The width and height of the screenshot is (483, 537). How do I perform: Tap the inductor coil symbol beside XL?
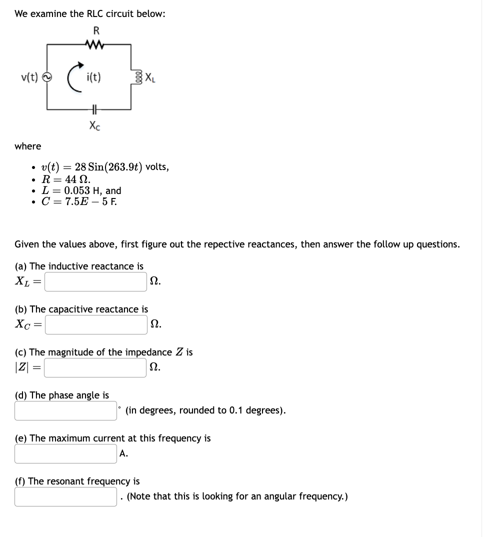[131, 77]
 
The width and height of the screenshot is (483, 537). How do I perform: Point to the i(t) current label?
[93, 77]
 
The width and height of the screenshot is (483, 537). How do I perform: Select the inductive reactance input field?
[96, 281]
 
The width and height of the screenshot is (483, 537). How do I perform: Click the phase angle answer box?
[65, 410]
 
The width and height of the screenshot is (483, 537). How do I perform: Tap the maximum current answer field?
[65, 453]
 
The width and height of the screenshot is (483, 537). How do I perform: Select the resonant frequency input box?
[65, 496]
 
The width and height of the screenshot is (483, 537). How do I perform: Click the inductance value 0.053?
[77, 190]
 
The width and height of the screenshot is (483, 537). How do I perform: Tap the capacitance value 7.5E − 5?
[86, 202]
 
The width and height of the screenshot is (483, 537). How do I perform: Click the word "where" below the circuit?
[28, 146]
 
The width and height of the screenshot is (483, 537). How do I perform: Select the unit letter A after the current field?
[123, 453]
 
